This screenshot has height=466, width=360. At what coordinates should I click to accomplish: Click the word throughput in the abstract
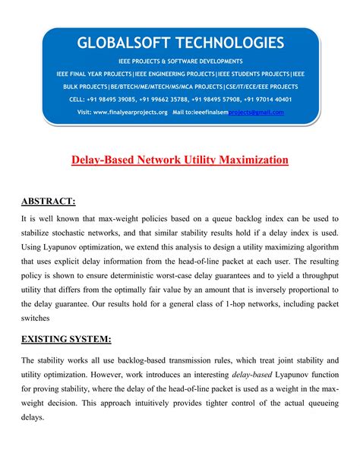click(x=319, y=282)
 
